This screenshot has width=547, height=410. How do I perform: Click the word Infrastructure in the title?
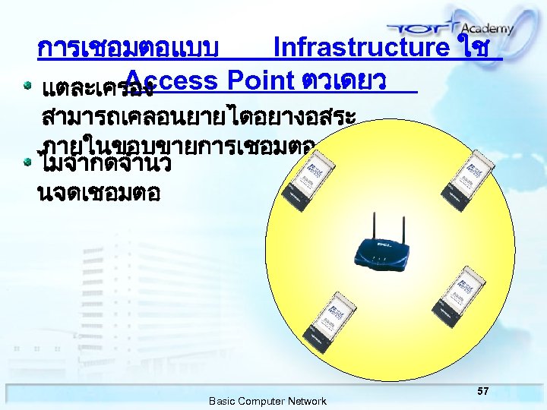pyautogui.click(x=361, y=48)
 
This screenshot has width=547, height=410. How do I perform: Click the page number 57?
pyautogui.click(x=483, y=390)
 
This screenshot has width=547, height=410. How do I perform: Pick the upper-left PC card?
pyautogui.click(x=305, y=171)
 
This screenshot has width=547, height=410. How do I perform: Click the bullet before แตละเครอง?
pyautogui.click(x=28, y=84)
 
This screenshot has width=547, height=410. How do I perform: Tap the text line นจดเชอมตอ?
pyautogui.click(x=98, y=193)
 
